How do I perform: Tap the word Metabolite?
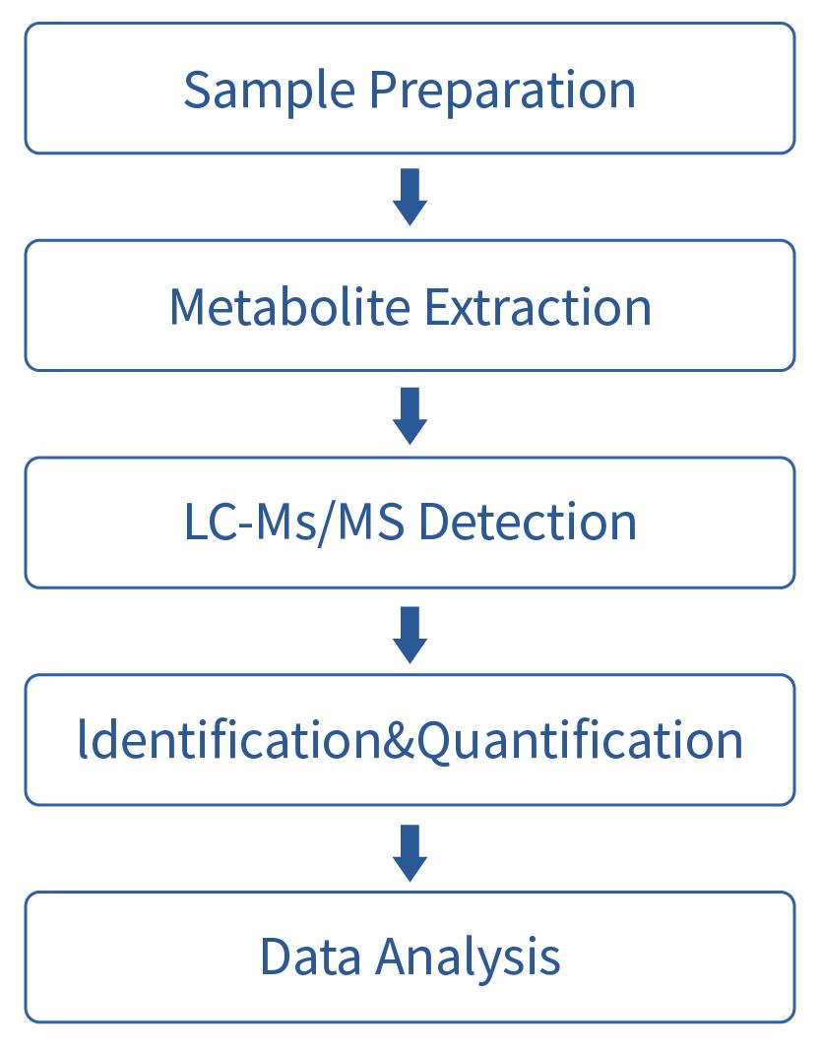pos(288,306)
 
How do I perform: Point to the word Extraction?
pos(537,306)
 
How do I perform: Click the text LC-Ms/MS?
pos(293,522)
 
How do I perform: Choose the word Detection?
pos(527,522)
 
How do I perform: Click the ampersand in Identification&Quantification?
pos(399,740)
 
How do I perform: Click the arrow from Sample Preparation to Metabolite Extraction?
pos(410,197)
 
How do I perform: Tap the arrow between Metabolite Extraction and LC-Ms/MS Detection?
pos(410,414)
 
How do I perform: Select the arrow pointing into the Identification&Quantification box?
pos(410,633)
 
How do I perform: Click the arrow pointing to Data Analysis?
pos(410,850)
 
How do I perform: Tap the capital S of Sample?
pos(198,90)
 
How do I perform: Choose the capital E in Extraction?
pos(436,306)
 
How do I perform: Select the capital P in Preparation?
pos(384,90)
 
